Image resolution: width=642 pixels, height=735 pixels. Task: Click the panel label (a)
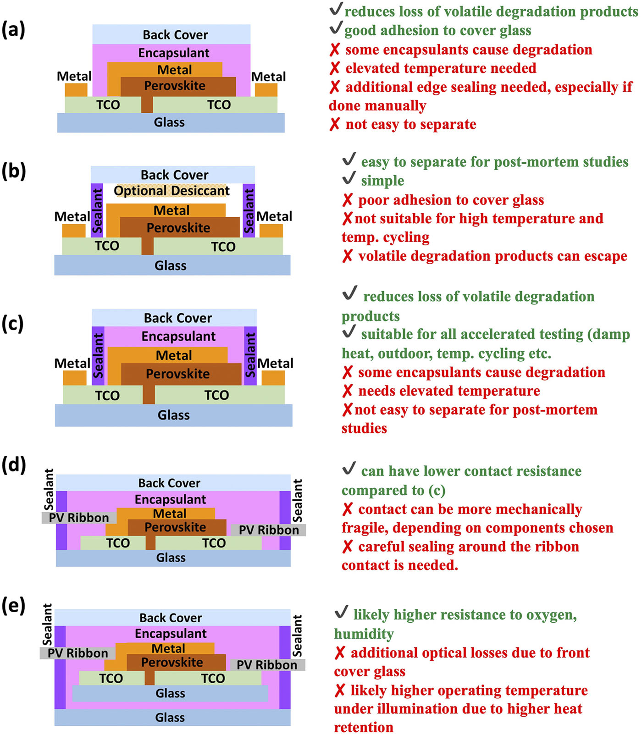(13, 30)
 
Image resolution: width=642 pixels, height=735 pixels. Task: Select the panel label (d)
(14, 464)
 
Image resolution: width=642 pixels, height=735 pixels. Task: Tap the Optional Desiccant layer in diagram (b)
(172, 191)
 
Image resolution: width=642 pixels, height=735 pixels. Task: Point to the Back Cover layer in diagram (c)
(177, 318)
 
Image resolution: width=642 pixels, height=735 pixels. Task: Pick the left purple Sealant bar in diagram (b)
(97, 210)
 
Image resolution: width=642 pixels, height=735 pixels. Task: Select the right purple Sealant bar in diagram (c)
(250, 355)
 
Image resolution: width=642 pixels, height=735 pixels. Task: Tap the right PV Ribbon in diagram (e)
(267, 665)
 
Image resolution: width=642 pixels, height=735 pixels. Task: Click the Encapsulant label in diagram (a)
(174, 53)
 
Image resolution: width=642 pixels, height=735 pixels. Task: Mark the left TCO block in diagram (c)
(107, 395)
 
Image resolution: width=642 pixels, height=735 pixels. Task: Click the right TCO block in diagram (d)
(214, 543)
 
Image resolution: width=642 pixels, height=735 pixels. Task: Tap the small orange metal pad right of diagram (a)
(266, 90)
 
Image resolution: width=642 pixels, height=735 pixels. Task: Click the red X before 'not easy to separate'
(335, 124)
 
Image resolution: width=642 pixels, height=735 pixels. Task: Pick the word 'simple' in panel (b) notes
(382, 181)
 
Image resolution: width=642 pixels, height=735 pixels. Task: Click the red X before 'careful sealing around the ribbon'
(348, 547)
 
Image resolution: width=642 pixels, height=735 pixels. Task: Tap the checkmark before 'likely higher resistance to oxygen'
(341, 612)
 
